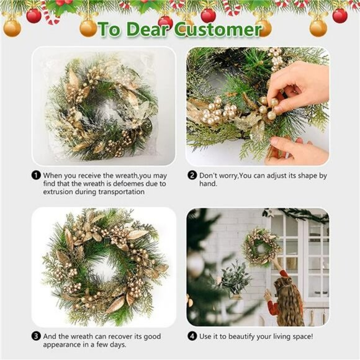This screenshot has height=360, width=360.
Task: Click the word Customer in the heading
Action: point(218,29)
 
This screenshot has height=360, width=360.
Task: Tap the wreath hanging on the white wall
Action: point(261,246)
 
